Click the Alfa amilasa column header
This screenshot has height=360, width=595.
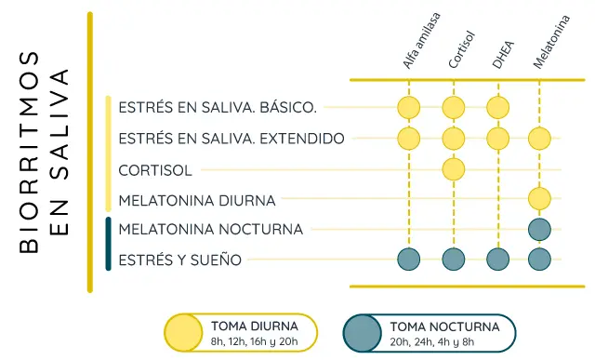pos(421,42)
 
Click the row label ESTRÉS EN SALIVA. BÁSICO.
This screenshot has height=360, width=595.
pos(218,108)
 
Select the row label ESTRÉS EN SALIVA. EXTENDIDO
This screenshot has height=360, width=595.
pos(231,139)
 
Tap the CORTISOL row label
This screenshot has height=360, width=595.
pos(155,169)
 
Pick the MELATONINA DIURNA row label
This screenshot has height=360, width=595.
pos(197,199)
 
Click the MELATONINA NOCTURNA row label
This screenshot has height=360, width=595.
pos(211,229)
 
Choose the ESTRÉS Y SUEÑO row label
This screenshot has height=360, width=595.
pos(180,260)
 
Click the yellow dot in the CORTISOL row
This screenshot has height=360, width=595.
pos(454,169)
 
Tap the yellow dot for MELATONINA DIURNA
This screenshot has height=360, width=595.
pos(539,199)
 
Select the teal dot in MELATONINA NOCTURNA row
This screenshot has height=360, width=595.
pos(539,229)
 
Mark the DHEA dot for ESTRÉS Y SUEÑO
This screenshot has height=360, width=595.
pos(498,260)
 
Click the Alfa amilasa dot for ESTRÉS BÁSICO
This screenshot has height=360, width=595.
pos(408,108)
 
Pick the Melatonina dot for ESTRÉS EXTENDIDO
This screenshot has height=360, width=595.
pos(539,139)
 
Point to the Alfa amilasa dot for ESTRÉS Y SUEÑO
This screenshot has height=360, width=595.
pos(408,260)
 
